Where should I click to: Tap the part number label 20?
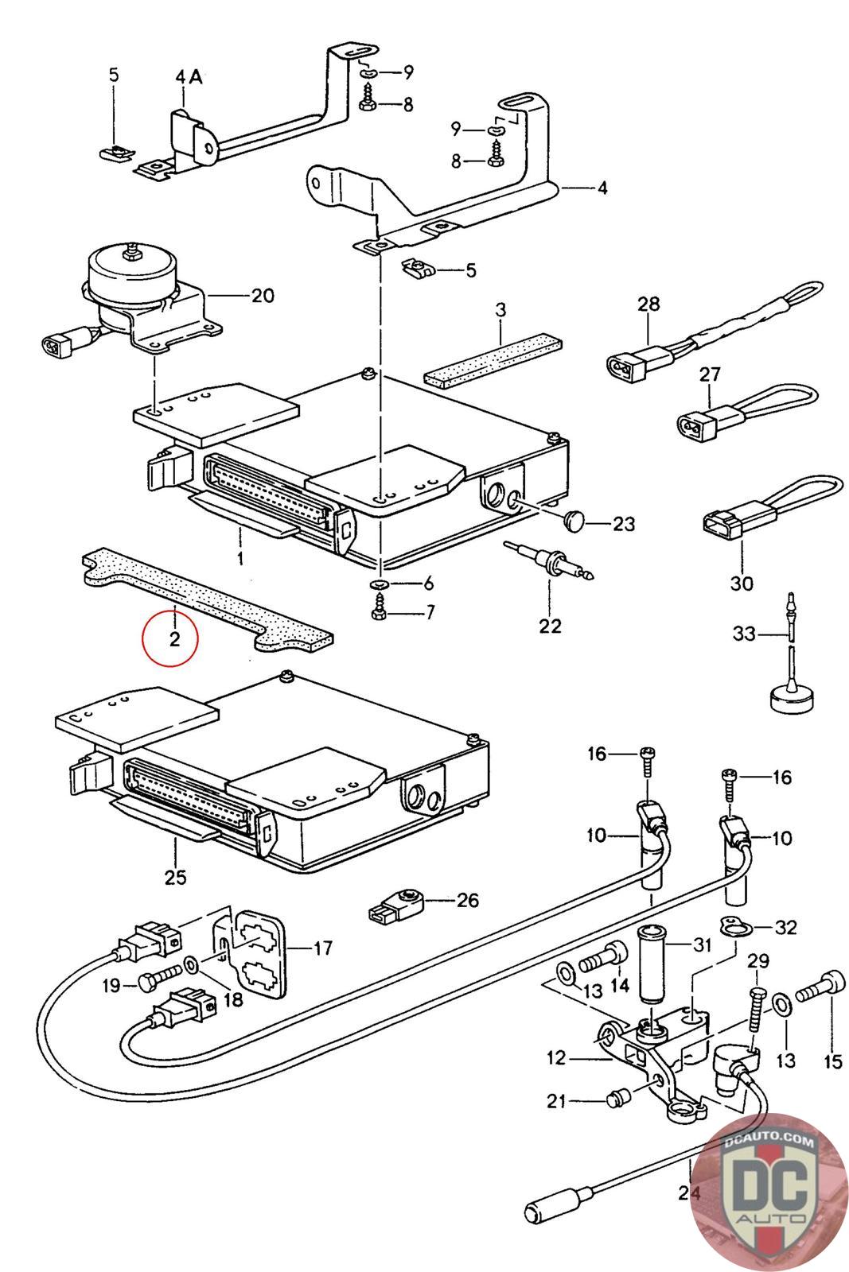262,296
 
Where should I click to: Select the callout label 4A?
189,77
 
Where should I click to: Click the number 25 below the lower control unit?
175,877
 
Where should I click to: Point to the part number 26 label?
467,900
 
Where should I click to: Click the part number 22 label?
549,626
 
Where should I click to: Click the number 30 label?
741,583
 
